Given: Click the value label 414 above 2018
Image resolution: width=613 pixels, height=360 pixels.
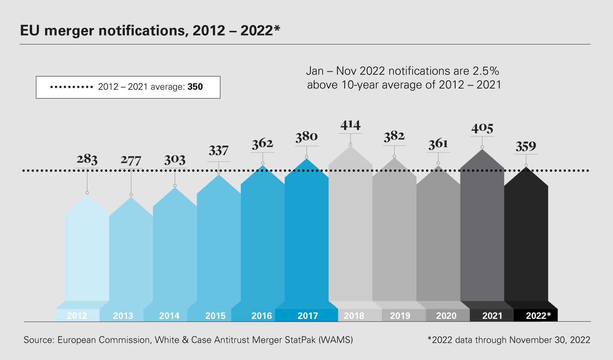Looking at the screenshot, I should click(350, 125).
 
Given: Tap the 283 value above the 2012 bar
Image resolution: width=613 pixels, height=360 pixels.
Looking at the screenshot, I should click(87, 159).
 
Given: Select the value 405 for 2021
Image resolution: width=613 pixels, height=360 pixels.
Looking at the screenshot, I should click(482, 128).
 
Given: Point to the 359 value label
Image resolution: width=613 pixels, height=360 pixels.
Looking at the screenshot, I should click(526, 146).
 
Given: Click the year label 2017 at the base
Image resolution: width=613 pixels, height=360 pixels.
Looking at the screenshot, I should click(308, 316).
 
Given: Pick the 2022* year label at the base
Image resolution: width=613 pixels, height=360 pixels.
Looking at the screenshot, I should click(538, 316).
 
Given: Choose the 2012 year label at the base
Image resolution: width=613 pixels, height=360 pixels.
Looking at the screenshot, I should click(77, 316).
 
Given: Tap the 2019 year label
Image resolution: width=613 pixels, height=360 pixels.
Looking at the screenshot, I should click(400, 316).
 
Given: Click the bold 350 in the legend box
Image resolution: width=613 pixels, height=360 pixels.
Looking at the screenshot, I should click(195, 87).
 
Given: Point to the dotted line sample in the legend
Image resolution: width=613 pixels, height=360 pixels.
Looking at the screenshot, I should click(72, 87).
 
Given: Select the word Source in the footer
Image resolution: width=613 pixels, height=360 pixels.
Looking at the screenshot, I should click(38, 340).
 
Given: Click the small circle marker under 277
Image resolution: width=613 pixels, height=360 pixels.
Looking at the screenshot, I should click(131, 195).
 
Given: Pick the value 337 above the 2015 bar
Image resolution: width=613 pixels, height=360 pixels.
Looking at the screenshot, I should click(218, 151).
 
